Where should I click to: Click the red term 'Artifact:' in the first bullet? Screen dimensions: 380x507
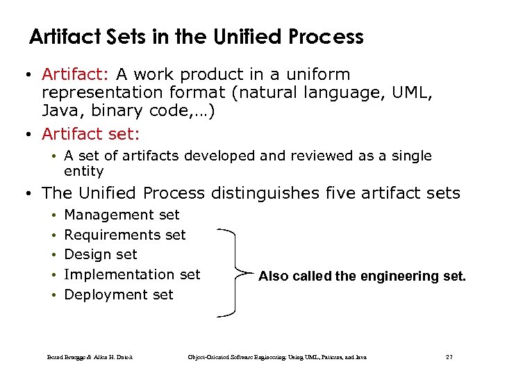(76, 74)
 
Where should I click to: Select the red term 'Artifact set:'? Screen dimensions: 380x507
(90, 133)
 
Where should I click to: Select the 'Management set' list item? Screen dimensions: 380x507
(122, 215)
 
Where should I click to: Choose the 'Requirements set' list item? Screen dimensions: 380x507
(125, 235)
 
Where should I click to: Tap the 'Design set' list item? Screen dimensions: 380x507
(101, 255)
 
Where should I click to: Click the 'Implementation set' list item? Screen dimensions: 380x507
(132, 274)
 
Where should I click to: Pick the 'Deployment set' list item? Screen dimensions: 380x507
(119, 295)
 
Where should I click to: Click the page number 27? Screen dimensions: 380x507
(449, 357)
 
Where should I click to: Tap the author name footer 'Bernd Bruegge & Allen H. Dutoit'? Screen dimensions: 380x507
(90, 357)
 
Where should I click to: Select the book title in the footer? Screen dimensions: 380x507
(277, 357)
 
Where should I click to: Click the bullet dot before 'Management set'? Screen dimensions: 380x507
(52, 215)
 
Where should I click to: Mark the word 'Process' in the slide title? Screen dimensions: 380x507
(330, 37)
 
